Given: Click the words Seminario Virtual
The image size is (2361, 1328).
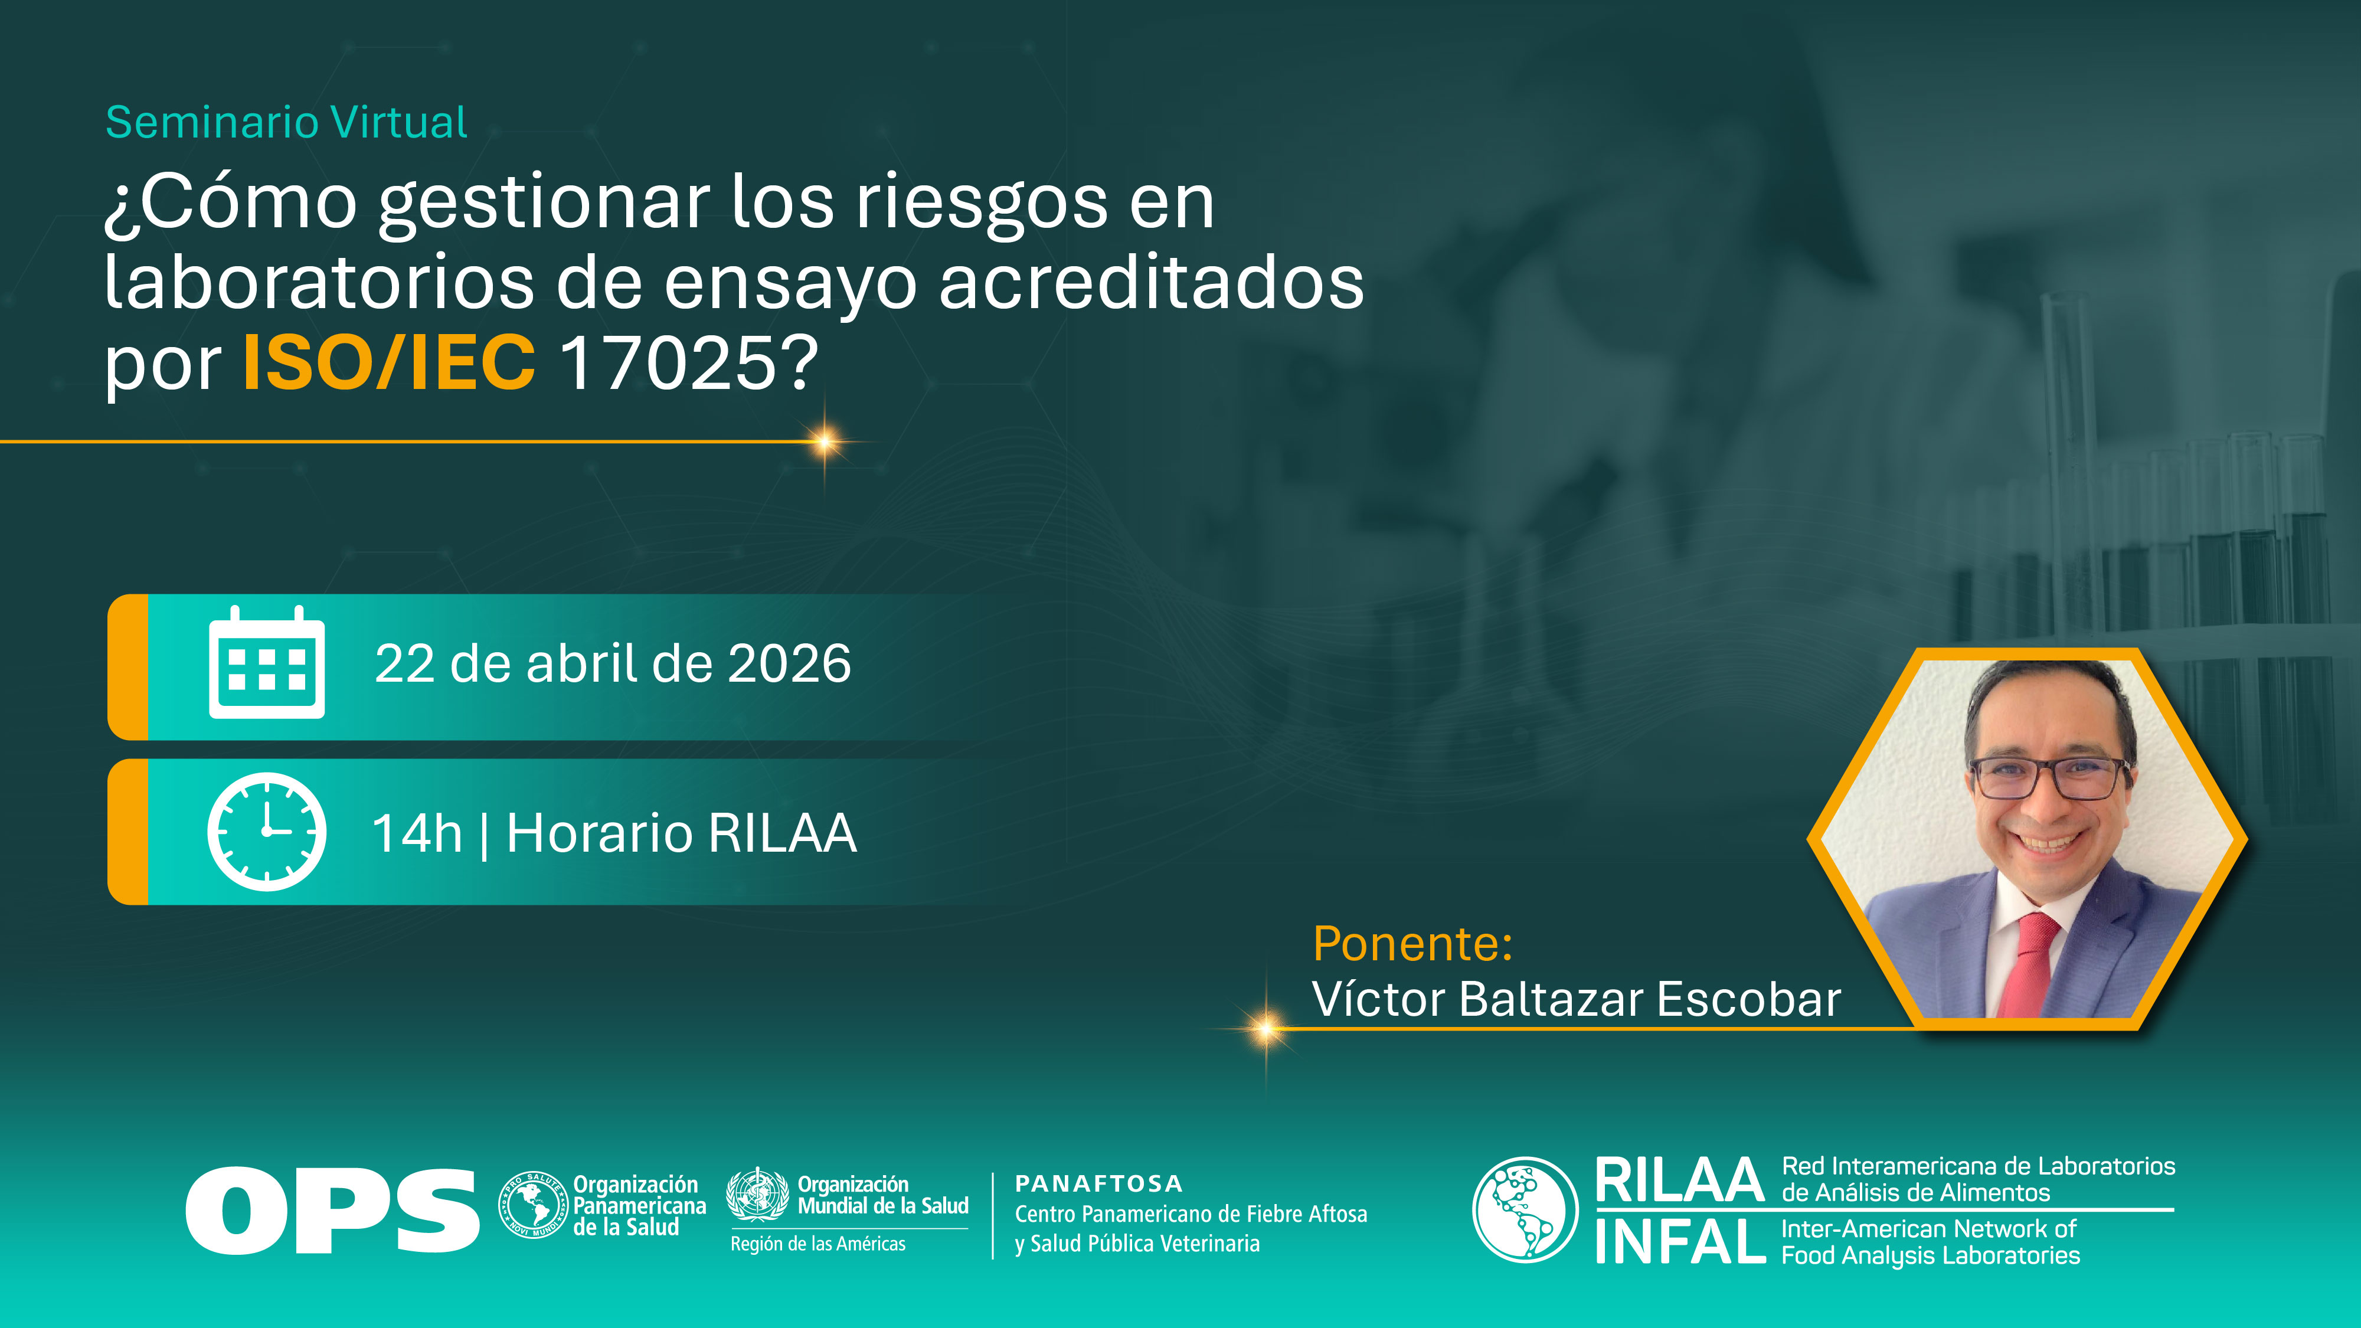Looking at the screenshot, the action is click(286, 123).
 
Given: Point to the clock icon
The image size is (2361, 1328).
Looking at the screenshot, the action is click(267, 831).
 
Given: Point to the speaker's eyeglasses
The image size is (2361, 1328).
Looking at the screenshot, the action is click(2048, 778).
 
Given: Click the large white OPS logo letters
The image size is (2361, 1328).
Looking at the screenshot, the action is click(332, 1210).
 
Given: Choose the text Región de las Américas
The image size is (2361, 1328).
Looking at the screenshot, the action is click(817, 1244).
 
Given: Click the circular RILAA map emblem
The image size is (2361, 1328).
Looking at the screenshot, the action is click(1525, 1210).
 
